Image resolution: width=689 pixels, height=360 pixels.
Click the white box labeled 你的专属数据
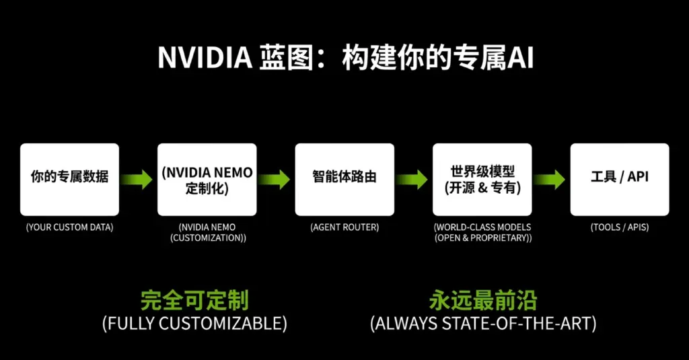coord(69,179)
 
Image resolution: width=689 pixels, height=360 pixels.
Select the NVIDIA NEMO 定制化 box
coord(207,179)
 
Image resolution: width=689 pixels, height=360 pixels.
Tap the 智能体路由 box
coord(344,179)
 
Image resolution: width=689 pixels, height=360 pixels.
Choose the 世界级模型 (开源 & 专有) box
coord(482,179)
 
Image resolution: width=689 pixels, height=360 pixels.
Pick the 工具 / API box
coord(620,179)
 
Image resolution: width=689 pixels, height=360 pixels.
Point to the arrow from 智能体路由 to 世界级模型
coord(412,180)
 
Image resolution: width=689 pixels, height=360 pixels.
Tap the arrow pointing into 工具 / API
coord(550,180)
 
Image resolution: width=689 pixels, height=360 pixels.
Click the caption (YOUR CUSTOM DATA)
coord(69,227)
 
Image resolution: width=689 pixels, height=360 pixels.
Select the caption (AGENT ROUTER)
coord(344,227)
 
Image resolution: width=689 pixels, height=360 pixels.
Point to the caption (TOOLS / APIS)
coord(620,227)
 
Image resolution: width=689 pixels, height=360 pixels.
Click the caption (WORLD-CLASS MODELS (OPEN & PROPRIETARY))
coord(482,233)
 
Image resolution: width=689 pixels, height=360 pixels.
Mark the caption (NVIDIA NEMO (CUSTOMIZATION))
coord(207,233)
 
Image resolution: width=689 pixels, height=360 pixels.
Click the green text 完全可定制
coord(194,300)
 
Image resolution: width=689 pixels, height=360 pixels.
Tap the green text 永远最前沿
coord(483,300)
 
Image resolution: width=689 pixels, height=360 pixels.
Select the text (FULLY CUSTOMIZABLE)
coord(194,323)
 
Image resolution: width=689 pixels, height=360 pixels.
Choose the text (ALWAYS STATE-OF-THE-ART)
coord(483,323)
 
